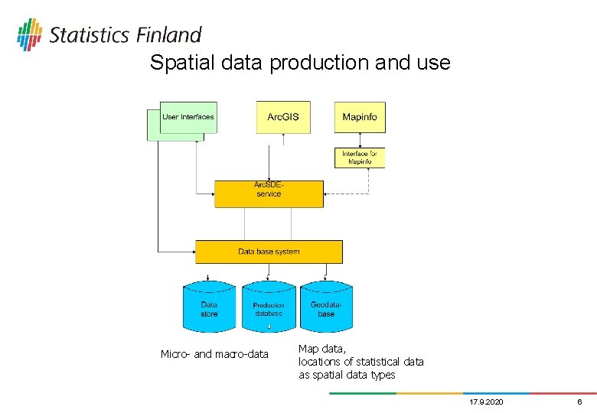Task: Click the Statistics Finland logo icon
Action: click(x=30, y=34)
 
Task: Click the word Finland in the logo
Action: click(x=169, y=35)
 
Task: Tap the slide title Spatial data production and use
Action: click(x=300, y=63)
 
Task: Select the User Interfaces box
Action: click(x=188, y=117)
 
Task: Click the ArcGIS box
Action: click(x=283, y=117)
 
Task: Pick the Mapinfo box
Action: click(x=360, y=117)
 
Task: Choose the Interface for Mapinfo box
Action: click(x=360, y=158)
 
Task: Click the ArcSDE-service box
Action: click(x=269, y=194)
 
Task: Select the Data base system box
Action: click(x=269, y=252)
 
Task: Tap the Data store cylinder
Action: click(x=209, y=309)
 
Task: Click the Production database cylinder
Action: click(x=268, y=309)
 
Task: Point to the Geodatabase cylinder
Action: click(x=327, y=309)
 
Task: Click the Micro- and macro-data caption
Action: click(x=214, y=354)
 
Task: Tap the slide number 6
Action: click(x=579, y=402)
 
